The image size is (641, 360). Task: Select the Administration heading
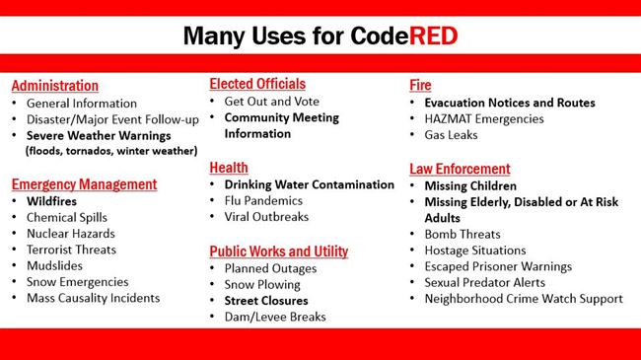coord(54,86)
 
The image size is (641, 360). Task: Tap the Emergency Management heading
coord(84,183)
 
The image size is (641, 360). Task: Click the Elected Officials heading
coord(257,84)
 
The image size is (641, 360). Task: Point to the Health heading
coord(229,168)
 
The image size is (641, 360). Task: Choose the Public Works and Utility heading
coord(278,251)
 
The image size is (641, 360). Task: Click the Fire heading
coord(420,86)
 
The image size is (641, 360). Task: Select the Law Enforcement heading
coord(460,169)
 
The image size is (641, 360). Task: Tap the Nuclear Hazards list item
coord(70,234)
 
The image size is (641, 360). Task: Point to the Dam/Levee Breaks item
coord(274,316)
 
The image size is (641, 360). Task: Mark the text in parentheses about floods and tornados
coord(111,151)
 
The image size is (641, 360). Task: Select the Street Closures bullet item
coord(266,300)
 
